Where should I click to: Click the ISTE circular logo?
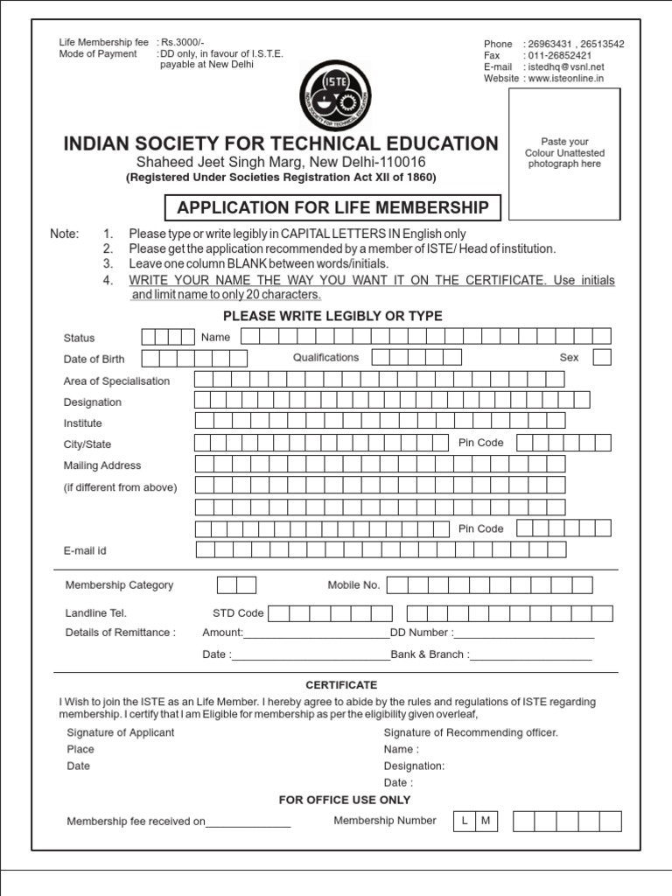pos(335,95)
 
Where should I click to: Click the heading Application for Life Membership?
pos(333,207)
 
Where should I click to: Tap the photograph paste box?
pos(564,153)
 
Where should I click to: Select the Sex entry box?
pos(602,357)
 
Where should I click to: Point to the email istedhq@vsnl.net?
pos(564,66)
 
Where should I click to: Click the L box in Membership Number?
pos(465,821)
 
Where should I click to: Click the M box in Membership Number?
pos(486,821)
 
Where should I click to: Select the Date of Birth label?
pos(94,359)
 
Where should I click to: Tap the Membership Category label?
pos(119,585)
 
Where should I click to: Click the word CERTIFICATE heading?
pos(341,685)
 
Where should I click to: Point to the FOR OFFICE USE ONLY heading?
pos(345,800)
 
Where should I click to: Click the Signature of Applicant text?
pos(121,732)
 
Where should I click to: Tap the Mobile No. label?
pos(353,585)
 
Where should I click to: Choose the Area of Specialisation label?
pos(117,381)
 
